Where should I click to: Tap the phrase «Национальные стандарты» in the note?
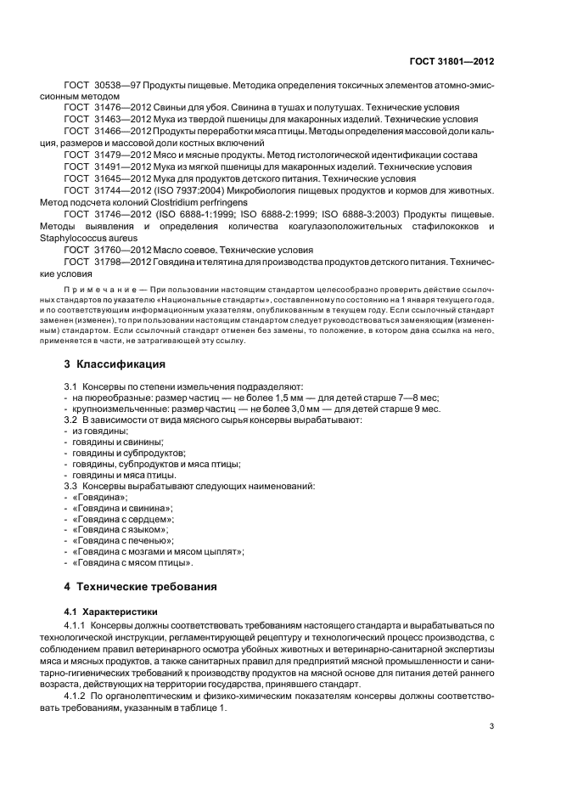(x=192, y=301)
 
